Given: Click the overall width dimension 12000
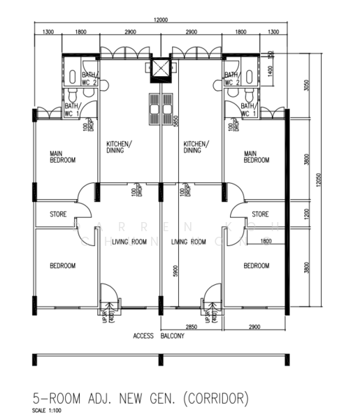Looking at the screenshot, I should [x=161, y=21].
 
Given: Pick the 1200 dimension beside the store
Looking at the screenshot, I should [x=305, y=213].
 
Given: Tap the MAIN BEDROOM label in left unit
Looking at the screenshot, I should [x=62, y=157].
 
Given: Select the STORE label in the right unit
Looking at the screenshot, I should [x=261, y=214].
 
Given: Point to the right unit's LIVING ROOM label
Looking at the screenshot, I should [x=189, y=242].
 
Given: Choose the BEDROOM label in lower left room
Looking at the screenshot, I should [x=62, y=266].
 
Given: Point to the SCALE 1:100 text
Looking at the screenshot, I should [x=46, y=410].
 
